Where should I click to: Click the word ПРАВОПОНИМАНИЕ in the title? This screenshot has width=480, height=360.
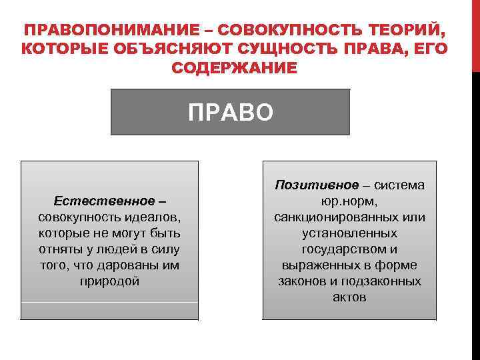111,31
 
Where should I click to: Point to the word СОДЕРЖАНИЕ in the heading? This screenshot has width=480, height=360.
235,68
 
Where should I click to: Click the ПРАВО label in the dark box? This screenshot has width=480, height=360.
230,112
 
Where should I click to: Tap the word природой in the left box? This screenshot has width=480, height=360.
110,281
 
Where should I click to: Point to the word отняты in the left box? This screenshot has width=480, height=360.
59,249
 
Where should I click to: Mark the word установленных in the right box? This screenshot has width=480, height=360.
349,233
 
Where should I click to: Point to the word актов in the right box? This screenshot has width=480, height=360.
349,297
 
